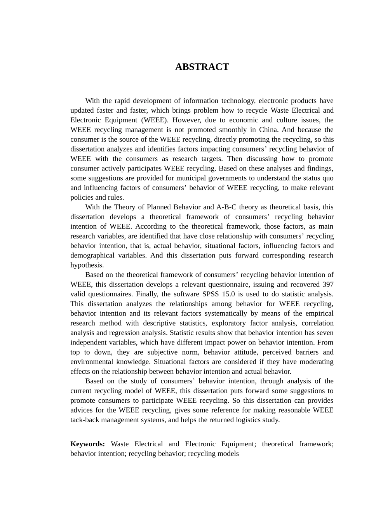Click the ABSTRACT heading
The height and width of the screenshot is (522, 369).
202,67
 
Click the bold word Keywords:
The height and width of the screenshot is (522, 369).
87,444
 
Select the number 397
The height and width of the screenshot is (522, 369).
328,285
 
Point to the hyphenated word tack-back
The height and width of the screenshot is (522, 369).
86,420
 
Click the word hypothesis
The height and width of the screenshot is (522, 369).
87,265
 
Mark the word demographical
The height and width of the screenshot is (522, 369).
92,256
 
